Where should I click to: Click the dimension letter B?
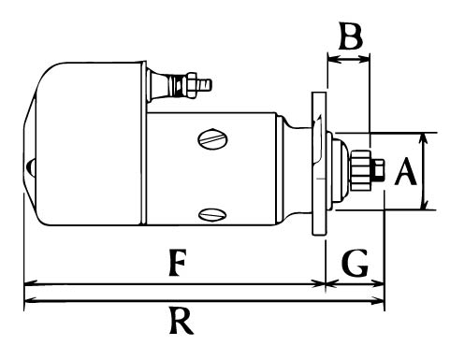351,36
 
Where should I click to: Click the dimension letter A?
405,171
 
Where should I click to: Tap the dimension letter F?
178,262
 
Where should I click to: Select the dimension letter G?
356,263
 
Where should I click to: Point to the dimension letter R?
181,321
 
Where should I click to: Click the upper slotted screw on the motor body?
212,139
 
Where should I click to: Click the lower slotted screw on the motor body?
212,214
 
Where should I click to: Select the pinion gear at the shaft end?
361,170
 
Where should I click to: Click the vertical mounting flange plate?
319,164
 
